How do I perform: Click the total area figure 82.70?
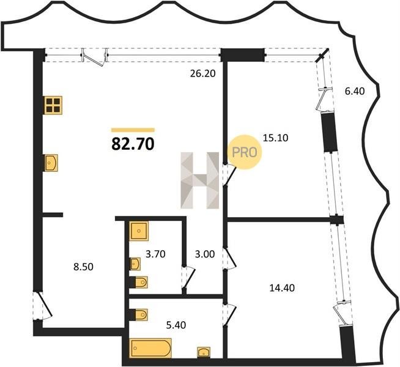133,144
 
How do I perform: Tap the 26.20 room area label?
203,73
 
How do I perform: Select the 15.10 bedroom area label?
275,138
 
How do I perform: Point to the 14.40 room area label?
282,288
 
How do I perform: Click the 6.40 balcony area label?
355,91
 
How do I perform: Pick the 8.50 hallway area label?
83,267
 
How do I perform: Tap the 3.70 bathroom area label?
155,254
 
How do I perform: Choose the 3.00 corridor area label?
205,254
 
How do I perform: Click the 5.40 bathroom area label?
176,325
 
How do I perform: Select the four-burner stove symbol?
53,105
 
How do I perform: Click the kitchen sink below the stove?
51,163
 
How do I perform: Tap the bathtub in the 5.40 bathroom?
150,348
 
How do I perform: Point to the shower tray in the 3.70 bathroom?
139,231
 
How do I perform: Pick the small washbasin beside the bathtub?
204,352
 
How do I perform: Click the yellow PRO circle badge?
245,152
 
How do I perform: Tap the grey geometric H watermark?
200,180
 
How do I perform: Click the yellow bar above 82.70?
133,130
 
